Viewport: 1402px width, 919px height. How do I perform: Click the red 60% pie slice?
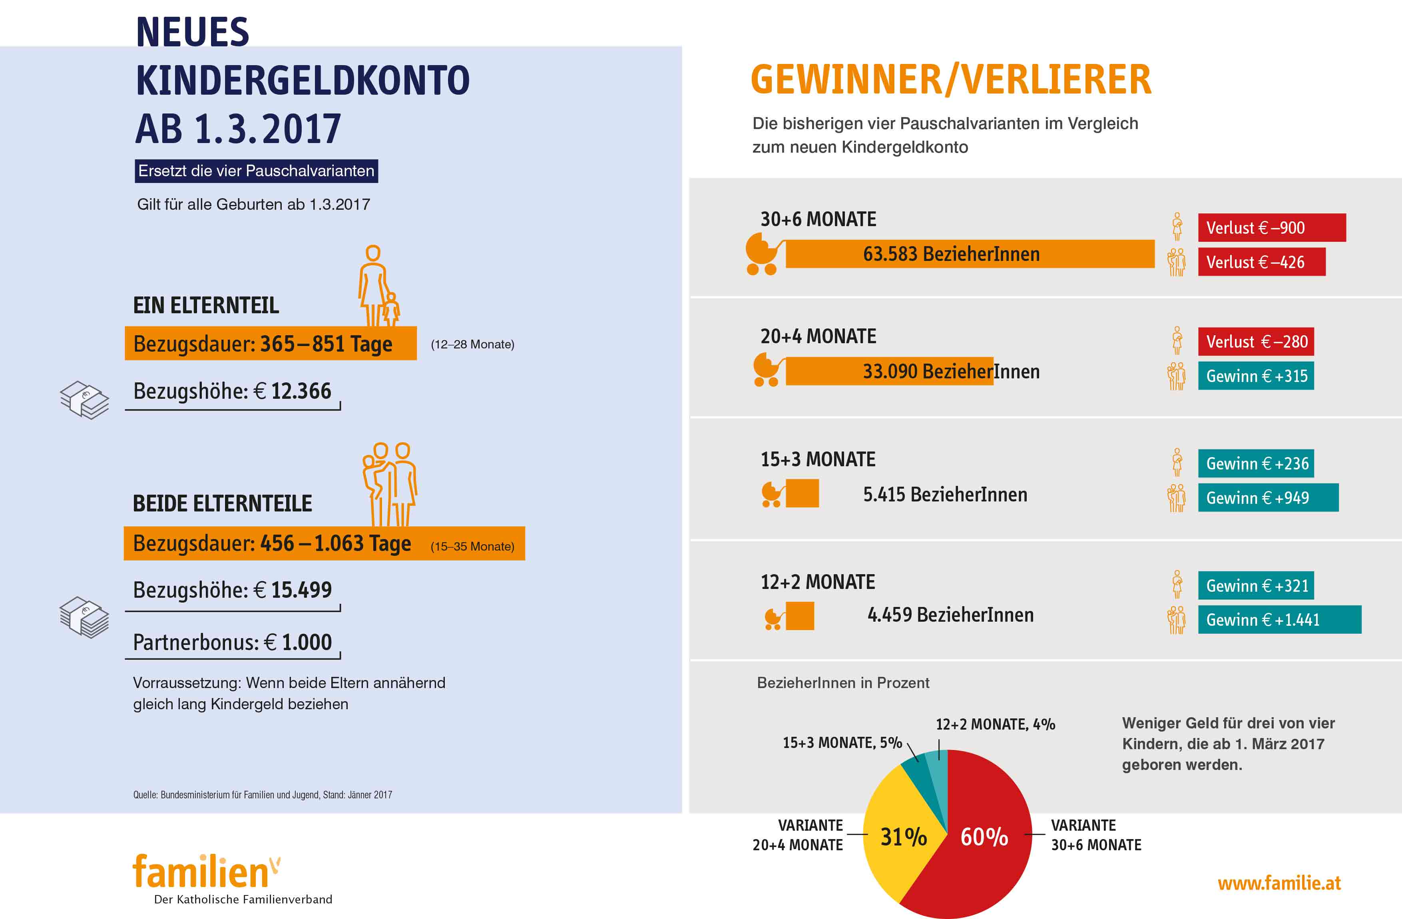[x=984, y=848]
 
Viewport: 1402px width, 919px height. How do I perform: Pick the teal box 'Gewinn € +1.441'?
[x=1279, y=620]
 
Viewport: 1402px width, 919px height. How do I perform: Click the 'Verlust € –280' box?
[x=1255, y=342]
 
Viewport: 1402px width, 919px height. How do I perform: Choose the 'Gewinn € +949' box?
[x=1268, y=498]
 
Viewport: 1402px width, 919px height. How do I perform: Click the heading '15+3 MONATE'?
[x=818, y=459]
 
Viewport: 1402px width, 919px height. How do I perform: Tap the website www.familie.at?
[x=1279, y=883]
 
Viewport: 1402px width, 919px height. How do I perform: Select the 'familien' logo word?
[x=200, y=872]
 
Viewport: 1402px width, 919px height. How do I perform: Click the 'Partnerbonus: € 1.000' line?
[x=232, y=642]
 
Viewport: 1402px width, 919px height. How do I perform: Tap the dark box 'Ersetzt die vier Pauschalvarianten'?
[x=256, y=171]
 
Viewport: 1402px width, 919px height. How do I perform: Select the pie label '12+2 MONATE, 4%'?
[x=995, y=724]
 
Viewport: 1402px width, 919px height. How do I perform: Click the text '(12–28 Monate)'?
[x=472, y=344]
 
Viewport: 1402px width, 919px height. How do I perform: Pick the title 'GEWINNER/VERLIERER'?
[x=951, y=80]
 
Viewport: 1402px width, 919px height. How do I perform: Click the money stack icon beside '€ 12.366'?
[x=84, y=400]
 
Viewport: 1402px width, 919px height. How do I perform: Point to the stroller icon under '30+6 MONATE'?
[x=763, y=254]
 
